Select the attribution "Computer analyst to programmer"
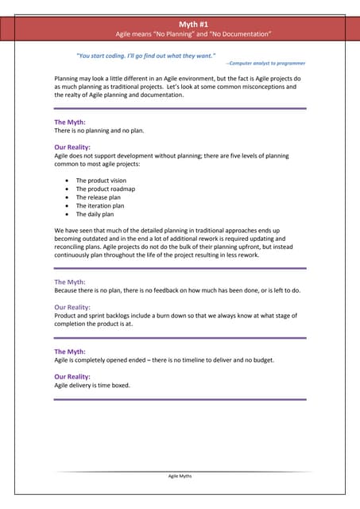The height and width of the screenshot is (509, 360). (x=267, y=62)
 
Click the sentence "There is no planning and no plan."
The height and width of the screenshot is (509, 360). (x=99, y=130)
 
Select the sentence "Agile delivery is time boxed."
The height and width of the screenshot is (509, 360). (x=92, y=385)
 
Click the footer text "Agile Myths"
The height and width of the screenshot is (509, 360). (x=180, y=476)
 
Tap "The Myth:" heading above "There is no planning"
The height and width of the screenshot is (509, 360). (x=70, y=122)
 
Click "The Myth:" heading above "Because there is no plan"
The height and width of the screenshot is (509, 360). (x=70, y=282)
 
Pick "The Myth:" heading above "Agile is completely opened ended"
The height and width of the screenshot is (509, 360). (x=70, y=352)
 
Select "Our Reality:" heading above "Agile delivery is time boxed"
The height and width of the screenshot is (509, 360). (x=72, y=376)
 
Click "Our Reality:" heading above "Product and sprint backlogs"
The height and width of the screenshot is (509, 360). (x=72, y=307)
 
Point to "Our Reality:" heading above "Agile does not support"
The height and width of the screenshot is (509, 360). (x=72, y=147)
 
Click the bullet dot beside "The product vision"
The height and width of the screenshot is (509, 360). (x=67, y=181)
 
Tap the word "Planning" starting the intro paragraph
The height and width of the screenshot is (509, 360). (x=68, y=80)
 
